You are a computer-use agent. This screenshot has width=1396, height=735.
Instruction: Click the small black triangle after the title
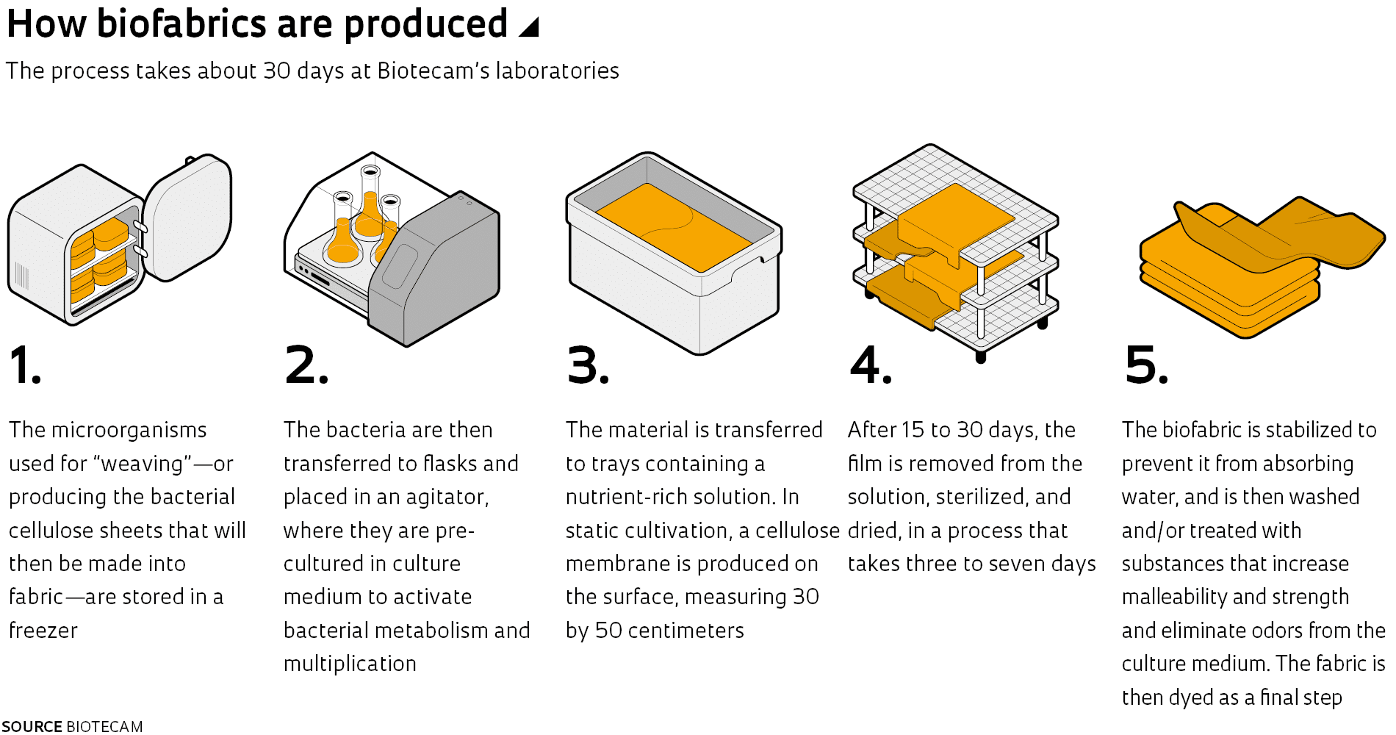(529, 27)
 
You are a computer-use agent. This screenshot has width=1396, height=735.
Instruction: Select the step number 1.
(25, 365)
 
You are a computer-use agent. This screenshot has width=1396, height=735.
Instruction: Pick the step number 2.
(306, 365)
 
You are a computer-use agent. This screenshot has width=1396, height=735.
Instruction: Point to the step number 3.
(588, 365)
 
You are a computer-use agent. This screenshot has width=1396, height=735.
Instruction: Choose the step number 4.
(871, 365)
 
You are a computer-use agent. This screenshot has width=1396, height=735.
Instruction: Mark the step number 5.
(1146, 365)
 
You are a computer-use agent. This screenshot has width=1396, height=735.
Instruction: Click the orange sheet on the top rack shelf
(956, 220)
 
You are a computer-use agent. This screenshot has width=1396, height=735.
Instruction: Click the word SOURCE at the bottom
(32, 726)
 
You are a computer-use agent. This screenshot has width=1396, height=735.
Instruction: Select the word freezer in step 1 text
(43, 631)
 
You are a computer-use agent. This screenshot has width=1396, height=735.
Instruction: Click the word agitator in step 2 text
(447, 498)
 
